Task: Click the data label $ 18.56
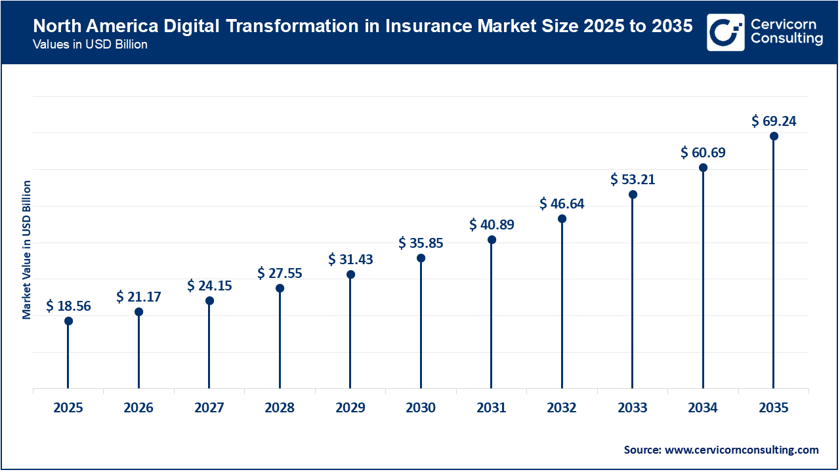[x=68, y=305]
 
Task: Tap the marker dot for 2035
[x=774, y=136]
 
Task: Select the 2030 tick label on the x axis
[x=421, y=408]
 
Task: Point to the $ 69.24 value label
[x=774, y=121]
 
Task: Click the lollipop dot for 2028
[x=280, y=288]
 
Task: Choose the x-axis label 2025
[x=68, y=408]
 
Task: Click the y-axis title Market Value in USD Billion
[x=27, y=249]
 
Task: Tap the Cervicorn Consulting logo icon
[x=726, y=32]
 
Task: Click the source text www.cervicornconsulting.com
[x=742, y=450]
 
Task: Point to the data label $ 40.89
[x=492, y=225]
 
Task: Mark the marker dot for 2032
[x=562, y=219]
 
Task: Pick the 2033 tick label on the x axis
[x=633, y=408]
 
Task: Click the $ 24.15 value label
[x=209, y=286]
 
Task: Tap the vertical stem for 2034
[x=703, y=282]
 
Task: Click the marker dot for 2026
[x=138, y=312]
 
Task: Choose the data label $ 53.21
[x=633, y=179]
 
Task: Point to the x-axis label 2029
[x=350, y=408]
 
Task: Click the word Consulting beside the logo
[x=786, y=39]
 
